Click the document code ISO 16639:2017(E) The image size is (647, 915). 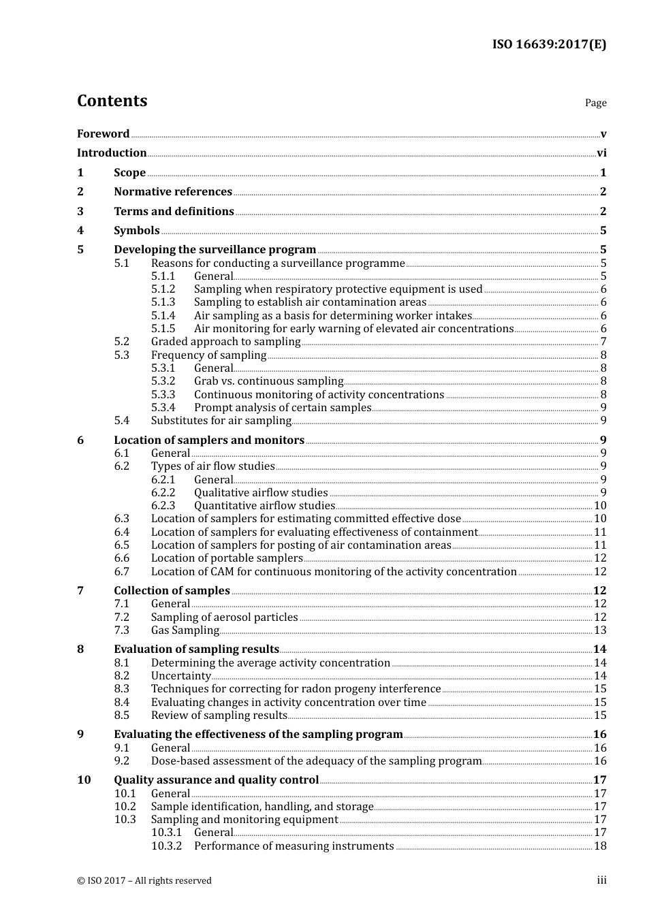click(549, 44)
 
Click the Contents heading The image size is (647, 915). click(112, 101)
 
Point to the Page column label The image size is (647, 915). click(595, 103)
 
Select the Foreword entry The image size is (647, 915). click(103, 134)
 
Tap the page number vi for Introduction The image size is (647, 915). click(601, 153)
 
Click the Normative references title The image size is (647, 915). click(173, 192)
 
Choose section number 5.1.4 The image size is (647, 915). click(163, 316)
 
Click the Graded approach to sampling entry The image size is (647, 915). click(225, 342)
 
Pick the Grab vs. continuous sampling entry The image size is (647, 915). click(268, 381)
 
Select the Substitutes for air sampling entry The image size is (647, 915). click(221, 421)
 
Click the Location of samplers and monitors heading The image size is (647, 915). click(209, 440)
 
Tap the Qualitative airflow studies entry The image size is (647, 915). click(261, 493)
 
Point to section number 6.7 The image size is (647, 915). click(122, 572)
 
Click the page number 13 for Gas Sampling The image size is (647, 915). click(600, 630)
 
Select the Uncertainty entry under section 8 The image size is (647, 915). click(180, 676)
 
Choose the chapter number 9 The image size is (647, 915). click(81, 735)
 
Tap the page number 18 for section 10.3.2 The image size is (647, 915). click(600, 846)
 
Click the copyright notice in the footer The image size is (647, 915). click(144, 881)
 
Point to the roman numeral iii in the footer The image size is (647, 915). click(601, 880)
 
